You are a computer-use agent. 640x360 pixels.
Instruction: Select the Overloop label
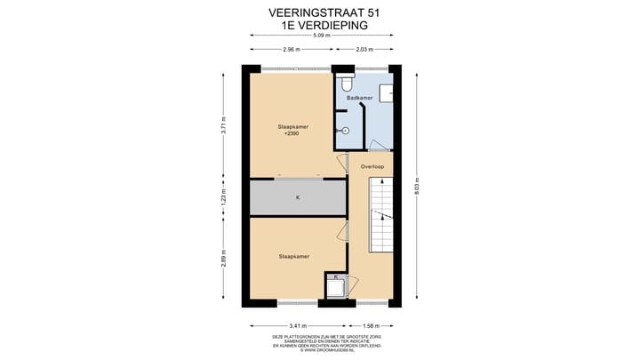tap(372, 166)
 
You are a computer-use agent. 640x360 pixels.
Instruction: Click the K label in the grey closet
tap(298, 197)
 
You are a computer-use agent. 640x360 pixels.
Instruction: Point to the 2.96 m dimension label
tap(290, 50)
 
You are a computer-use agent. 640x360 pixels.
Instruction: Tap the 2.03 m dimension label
tap(363, 50)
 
